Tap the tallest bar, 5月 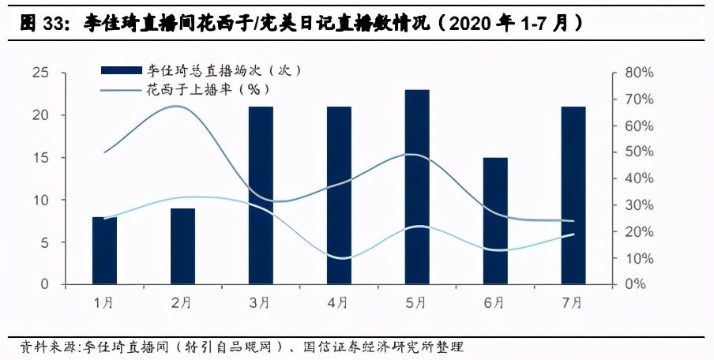coord(417,186)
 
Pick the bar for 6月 coord(495,220)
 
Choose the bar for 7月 coord(573,195)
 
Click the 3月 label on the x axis coord(261,302)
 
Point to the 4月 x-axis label coord(339,302)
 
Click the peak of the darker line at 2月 coord(181,106)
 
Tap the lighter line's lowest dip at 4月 coord(339,257)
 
